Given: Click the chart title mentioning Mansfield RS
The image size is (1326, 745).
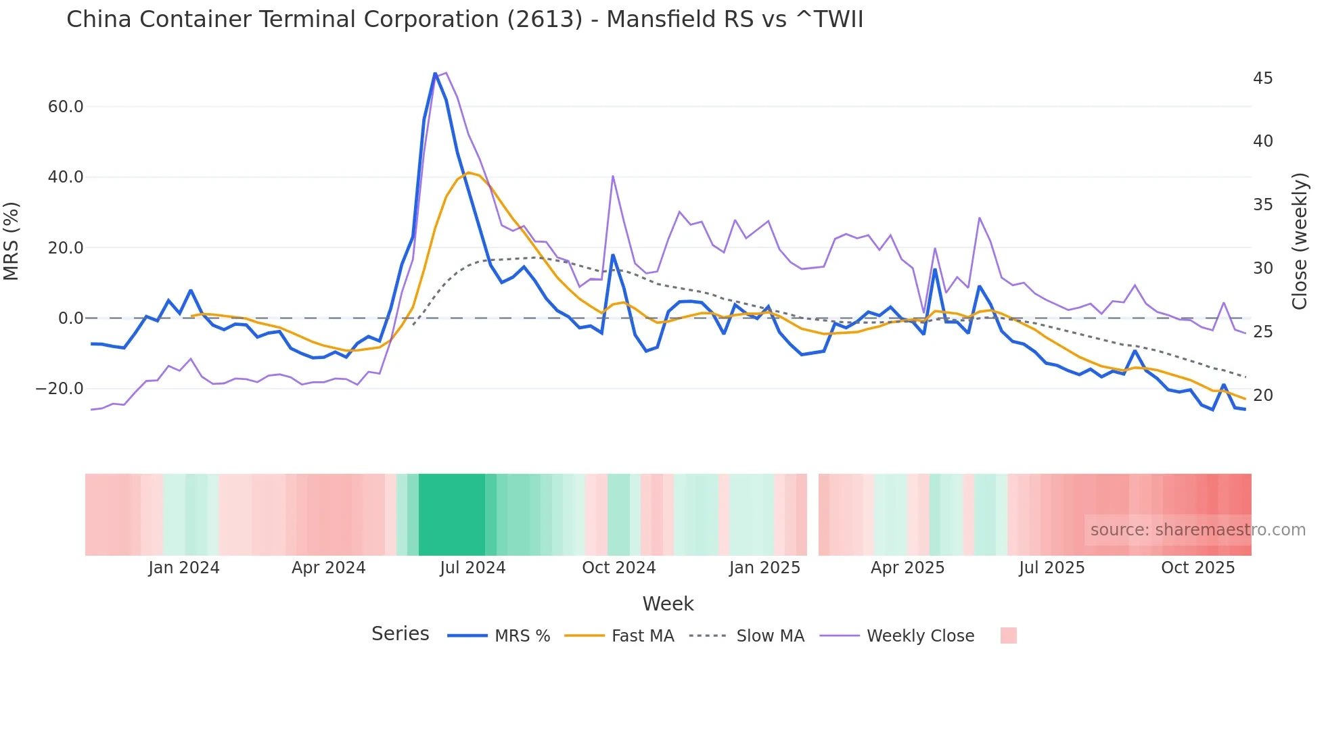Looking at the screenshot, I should (x=464, y=20).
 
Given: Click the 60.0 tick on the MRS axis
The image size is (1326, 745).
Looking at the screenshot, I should (x=65, y=107).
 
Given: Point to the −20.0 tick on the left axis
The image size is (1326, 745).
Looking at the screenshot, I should (x=60, y=389).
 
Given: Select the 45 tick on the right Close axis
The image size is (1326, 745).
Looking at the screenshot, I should (x=1262, y=78).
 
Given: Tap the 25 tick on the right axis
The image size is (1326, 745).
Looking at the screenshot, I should (x=1262, y=332).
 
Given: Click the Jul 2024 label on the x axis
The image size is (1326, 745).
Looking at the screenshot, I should (x=472, y=568).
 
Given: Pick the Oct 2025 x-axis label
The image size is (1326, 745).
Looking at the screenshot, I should (x=1197, y=568).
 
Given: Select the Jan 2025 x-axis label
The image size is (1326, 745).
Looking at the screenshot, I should (x=764, y=568).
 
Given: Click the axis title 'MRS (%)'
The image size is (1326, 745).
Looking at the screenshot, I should (x=12, y=241).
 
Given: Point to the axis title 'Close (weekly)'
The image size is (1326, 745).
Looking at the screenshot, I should (x=1299, y=241).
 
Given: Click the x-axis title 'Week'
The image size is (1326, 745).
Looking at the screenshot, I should (x=668, y=604).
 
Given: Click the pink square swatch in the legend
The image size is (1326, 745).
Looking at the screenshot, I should (x=1008, y=635).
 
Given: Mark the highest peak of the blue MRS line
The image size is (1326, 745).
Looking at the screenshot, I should (x=435, y=73).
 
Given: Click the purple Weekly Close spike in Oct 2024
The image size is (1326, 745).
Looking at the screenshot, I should (x=612, y=176).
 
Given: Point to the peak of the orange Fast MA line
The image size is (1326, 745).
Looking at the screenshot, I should (x=468, y=173).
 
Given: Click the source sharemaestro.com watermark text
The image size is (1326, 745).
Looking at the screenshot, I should (x=1197, y=530).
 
